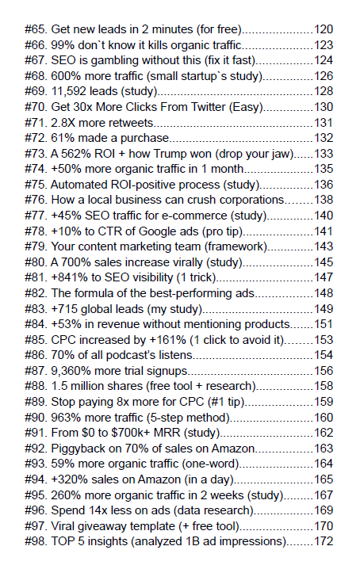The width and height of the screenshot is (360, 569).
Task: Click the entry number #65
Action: click(x=36, y=29)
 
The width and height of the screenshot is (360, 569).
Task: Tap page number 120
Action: click(x=324, y=29)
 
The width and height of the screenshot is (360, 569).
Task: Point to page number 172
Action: click(x=324, y=540)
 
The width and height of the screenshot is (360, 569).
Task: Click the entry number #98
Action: click(x=36, y=540)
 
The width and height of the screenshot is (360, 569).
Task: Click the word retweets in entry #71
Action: click(x=128, y=122)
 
